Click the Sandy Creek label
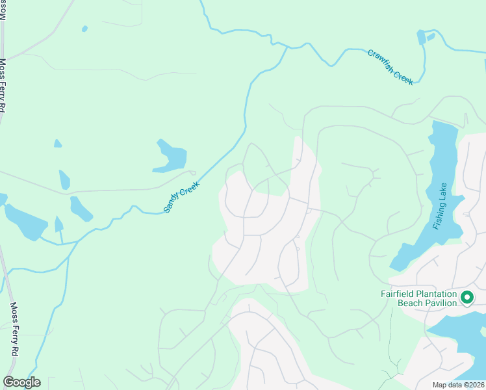(181, 197)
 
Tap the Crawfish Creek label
(390, 67)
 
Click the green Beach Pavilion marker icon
(467, 298)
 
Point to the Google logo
(21, 382)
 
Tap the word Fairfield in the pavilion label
(398, 293)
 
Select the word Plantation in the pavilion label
(435, 293)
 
